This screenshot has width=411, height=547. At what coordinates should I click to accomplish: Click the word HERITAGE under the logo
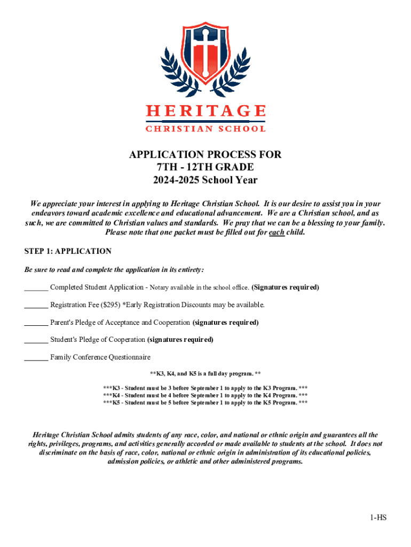click(x=205, y=111)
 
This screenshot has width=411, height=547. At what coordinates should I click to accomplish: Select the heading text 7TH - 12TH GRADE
click(x=205, y=167)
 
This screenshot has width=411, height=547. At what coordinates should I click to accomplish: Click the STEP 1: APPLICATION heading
click(x=68, y=251)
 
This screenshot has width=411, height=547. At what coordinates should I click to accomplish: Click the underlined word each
click(x=276, y=232)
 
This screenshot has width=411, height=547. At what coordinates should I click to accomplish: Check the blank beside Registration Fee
click(x=36, y=305)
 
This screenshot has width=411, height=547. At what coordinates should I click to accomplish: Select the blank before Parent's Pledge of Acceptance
click(x=36, y=323)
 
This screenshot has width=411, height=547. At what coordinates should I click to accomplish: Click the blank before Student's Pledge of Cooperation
click(x=36, y=340)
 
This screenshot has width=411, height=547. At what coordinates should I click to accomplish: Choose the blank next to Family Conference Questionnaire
click(x=36, y=357)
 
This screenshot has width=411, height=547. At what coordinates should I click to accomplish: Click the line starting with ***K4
click(x=205, y=395)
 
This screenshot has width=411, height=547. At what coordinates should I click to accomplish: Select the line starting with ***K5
click(x=205, y=403)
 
